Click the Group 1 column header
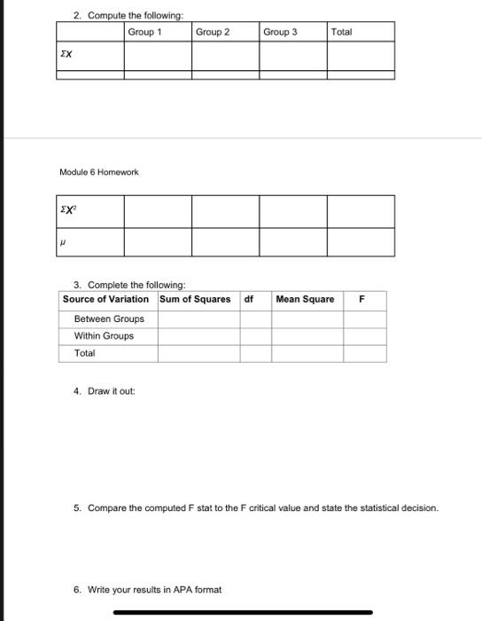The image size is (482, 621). (x=144, y=32)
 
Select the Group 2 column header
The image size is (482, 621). (x=213, y=32)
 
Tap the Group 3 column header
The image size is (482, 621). (x=280, y=32)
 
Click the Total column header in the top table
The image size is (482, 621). (x=341, y=32)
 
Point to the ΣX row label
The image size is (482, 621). (x=66, y=54)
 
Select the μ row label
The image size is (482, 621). (x=63, y=240)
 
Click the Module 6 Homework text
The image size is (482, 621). (x=99, y=171)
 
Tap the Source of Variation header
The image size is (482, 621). (x=105, y=299)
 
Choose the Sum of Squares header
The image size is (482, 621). (x=195, y=299)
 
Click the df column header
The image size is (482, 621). (x=249, y=299)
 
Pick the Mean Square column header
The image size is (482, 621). (x=305, y=299)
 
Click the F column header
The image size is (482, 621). (x=361, y=299)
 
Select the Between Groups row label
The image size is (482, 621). (x=109, y=318)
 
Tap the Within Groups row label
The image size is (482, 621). (x=105, y=335)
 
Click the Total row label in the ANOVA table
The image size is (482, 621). (x=85, y=353)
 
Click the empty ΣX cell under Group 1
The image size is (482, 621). (x=158, y=55)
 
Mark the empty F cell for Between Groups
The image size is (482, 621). (x=364, y=318)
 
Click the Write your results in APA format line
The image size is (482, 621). (x=148, y=589)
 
